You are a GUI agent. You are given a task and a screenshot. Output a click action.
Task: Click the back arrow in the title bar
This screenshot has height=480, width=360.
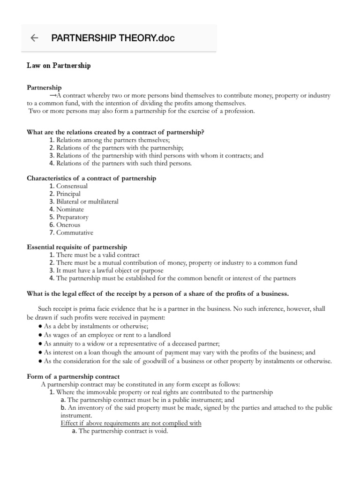34,38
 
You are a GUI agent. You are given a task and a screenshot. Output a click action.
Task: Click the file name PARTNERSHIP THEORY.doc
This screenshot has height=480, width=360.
112,38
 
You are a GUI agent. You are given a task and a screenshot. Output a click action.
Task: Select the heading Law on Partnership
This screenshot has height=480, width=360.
59,66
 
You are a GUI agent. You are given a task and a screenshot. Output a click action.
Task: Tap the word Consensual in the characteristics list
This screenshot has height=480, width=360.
72,186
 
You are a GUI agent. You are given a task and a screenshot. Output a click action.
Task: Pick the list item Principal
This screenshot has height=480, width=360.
68,194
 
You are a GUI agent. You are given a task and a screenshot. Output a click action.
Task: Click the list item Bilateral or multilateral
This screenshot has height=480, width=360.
87,202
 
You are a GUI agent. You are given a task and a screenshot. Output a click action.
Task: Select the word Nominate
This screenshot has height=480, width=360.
70,210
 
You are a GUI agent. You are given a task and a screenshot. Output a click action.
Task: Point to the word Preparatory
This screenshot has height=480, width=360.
72,217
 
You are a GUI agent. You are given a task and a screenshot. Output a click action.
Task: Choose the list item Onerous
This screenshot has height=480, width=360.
68,225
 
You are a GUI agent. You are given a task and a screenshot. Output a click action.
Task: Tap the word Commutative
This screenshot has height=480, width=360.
75,232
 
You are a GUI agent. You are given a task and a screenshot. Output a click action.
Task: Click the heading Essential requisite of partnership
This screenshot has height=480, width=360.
77,247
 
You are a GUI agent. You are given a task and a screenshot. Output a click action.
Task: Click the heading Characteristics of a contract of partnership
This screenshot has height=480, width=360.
91,178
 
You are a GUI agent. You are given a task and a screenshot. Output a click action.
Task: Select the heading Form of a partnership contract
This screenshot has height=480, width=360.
73,376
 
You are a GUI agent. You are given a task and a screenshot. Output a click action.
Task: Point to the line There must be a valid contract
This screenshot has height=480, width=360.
97,255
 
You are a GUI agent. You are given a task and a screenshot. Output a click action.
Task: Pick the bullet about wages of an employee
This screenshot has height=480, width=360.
107,335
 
